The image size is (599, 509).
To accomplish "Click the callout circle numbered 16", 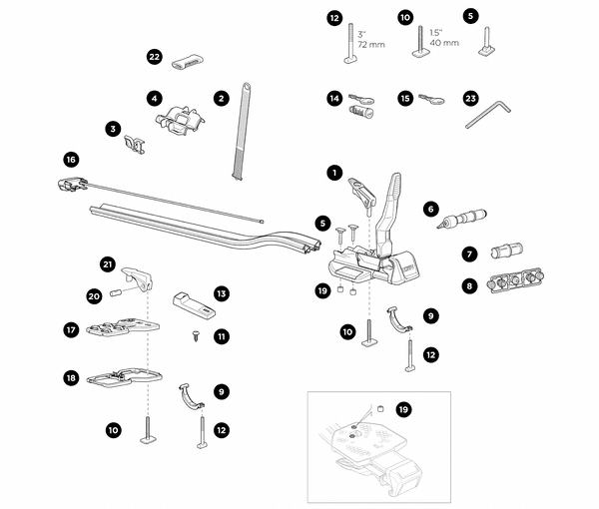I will coord(70,159).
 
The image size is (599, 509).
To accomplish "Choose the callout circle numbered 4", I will coord(154,98).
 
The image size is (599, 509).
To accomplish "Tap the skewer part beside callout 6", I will coord(464,214).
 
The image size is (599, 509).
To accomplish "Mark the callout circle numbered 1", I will coord(334,172).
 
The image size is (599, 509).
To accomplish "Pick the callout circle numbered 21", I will coord(107,263).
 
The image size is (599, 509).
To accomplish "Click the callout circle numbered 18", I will coord(70,378).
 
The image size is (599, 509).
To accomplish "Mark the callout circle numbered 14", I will coord(334,98).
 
